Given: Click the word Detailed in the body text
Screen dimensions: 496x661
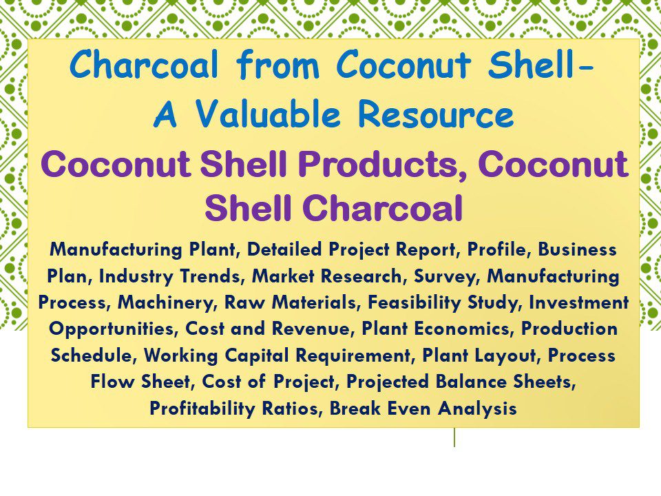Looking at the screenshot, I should tap(286, 249).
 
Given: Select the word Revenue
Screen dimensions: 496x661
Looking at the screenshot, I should tap(309, 329).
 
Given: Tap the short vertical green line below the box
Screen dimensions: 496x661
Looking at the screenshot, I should tap(454, 437).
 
